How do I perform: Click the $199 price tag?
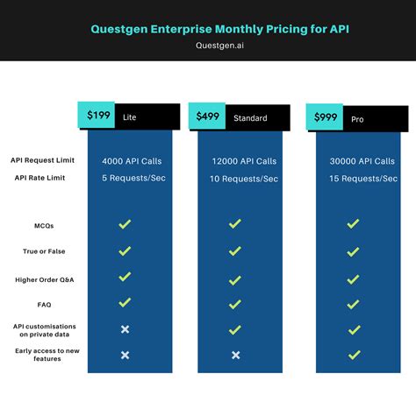pyautogui.click(x=98, y=116)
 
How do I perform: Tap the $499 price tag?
pyautogui.click(x=209, y=116)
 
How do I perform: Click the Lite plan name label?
pyautogui.click(x=130, y=116)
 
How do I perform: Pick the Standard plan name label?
pyautogui.click(x=249, y=117)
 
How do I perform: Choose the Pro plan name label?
pyautogui.click(x=356, y=118)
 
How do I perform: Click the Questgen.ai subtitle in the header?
pyautogui.click(x=207, y=48)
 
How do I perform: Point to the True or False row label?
pyautogui.click(x=44, y=252)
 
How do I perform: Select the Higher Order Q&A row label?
pyautogui.click(x=44, y=279)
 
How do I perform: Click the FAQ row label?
pyautogui.click(x=44, y=305)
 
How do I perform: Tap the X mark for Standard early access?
pyautogui.click(x=235, y=355)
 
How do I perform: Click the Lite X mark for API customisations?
pyautogui.click(x=125, y=329)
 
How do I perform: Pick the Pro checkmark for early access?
pyautogui.click(x=353, y=355)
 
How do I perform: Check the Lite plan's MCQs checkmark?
pyautogui.click(x=125, y=224)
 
